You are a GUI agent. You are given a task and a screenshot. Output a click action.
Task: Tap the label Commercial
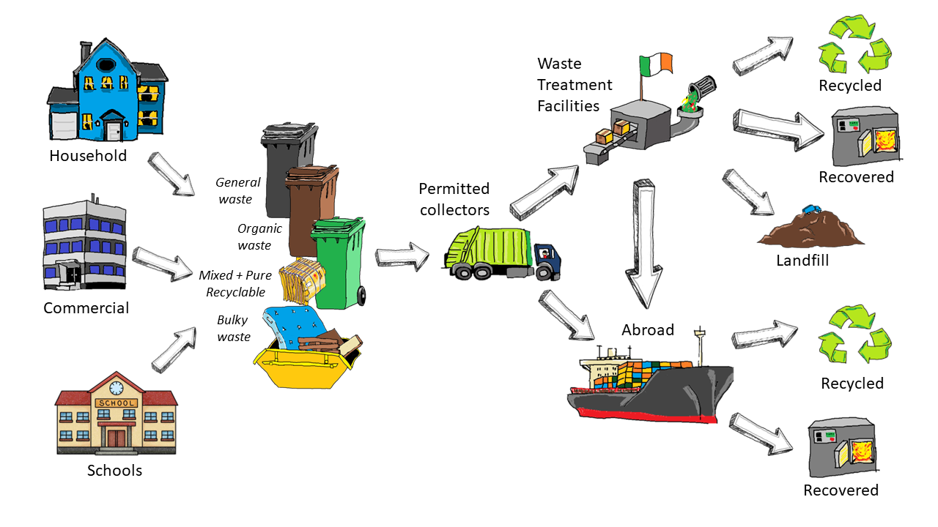pyautogui.click(x=86, y=307)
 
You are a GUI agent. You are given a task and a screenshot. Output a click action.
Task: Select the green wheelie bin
pyautogui.click(x=338, y=263)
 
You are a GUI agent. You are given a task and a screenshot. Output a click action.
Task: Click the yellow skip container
pyautogui.click(x=304, y=366)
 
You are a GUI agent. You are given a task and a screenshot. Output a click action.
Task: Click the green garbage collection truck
pyautogui.click(x=502, y=253)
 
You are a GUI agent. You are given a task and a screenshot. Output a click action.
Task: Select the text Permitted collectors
pyautogui.click(x=454, y=199)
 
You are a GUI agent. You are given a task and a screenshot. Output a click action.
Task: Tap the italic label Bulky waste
pyautogui.click(x=234, y=329)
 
